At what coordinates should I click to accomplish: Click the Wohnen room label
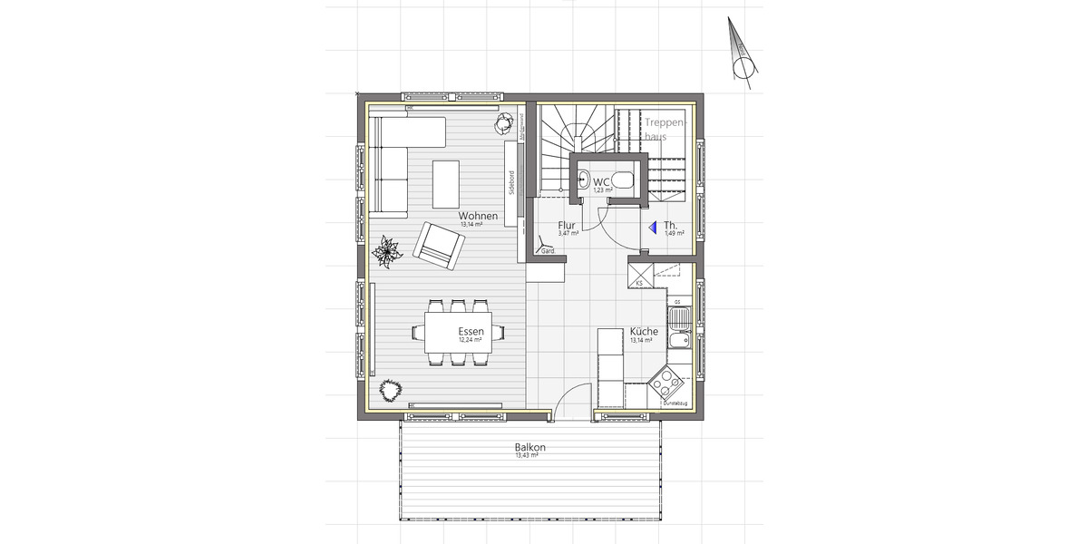click(477, 216)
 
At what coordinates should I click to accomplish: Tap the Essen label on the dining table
click(471, 332)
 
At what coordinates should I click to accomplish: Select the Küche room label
click(644, 332)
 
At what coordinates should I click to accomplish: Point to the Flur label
click(568, 225)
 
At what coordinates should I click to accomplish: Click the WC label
click(602, 182)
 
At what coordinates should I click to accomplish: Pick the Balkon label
click(529, 448)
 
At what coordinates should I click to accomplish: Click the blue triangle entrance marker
click(650, 228)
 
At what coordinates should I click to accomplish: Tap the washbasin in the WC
click(583, 179)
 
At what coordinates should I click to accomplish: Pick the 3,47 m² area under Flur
click(568, 234)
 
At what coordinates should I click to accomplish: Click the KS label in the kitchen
click(639, 284)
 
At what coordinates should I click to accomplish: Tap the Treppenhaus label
click(666, 129)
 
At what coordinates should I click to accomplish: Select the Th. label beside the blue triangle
click(671, 225)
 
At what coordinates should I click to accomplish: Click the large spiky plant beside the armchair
click(388, 251)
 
